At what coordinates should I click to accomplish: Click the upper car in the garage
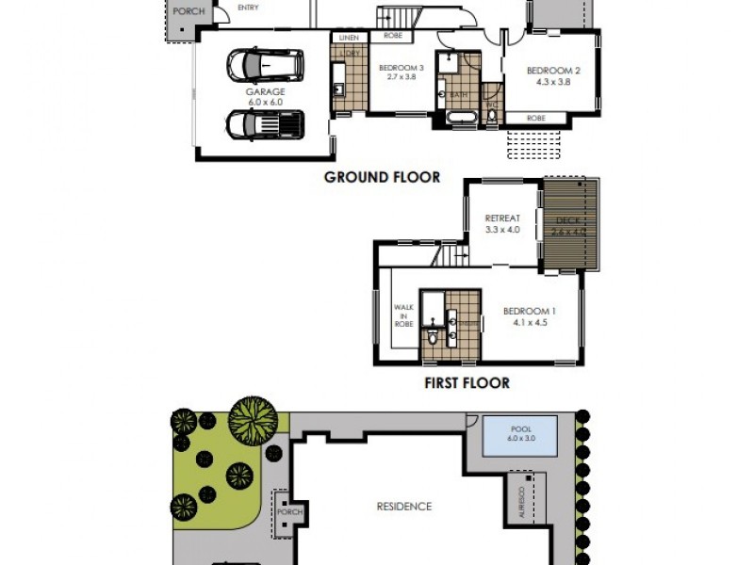click(x=266, y=66)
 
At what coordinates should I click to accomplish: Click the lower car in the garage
click(x=265, y=124)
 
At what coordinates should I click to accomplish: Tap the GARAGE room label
click(x=265, y=92)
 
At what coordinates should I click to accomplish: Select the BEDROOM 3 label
click(x=402, y=68)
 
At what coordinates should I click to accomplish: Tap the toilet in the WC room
click(x=491, y=115)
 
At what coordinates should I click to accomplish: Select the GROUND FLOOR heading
click(x=382, y=177)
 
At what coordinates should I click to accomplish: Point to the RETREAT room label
click(x=502, y=218)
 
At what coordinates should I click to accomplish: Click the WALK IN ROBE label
click(x=403, y=314)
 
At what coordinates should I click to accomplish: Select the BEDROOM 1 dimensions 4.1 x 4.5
click(x=529, y=322)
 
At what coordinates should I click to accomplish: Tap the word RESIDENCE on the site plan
click(x=404, y=507)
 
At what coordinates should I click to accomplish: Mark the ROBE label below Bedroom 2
click(x=535, y=119)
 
